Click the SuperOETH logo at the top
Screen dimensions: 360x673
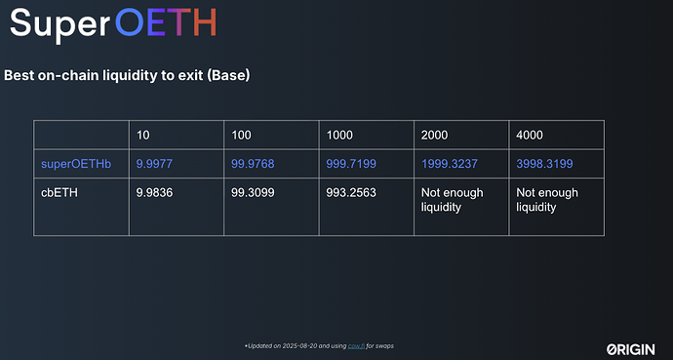point(112,23)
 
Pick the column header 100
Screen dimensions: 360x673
point(241,134)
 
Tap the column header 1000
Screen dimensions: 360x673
point(339,134)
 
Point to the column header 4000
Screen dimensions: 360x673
point(530,134)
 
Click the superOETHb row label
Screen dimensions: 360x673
point(74,163)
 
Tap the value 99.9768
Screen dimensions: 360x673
point(254,163)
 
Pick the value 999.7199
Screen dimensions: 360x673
point(352,163)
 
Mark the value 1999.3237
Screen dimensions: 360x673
point(451,163)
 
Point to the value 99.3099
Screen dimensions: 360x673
point(254,192)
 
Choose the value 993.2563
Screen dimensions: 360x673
point(352,192)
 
